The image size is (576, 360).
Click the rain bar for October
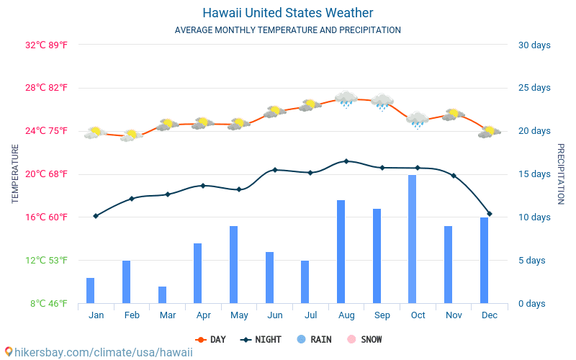413,239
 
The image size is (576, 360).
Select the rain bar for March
163,294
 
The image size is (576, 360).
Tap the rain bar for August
341,251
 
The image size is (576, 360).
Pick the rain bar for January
91,290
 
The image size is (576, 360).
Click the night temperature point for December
490,214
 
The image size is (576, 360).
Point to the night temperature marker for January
96,216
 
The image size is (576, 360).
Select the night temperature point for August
346,161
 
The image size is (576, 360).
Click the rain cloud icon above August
346,99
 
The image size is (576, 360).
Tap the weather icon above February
131,135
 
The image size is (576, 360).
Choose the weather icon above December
490,131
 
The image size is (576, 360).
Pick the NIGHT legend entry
262,339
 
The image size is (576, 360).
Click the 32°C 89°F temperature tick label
46,45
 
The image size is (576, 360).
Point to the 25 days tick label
534,88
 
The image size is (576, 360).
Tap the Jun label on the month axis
274,315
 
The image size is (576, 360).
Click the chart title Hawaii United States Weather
288,13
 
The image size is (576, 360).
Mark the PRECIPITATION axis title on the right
560,174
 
